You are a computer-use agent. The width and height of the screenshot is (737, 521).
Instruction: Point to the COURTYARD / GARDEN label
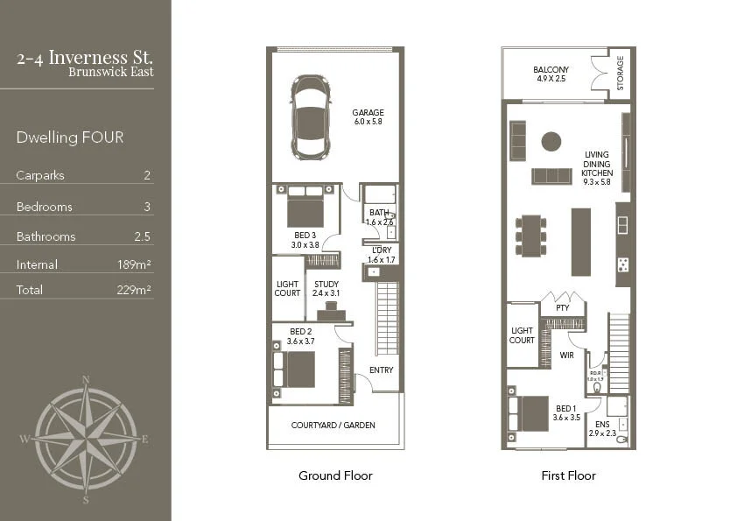click(333, 425)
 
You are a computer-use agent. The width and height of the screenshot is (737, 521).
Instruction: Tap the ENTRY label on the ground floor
click(381, 370)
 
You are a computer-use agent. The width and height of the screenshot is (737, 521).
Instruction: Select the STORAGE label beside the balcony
click(620, 73)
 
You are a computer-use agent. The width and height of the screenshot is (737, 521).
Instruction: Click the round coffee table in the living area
click(551, 140)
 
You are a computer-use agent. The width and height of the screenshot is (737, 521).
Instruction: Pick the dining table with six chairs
click(530, 236)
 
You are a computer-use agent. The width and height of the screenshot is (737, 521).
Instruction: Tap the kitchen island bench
click(580, 242)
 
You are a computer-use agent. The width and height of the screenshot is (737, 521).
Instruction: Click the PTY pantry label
click(562, 307)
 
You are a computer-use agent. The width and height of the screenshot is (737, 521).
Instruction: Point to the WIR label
click(566, 356)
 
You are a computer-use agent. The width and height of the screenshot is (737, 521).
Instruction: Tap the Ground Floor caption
click(335, 475)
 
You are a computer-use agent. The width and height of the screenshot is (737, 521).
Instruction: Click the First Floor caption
click(568, 475)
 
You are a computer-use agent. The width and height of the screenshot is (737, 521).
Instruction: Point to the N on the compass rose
click(86, 379)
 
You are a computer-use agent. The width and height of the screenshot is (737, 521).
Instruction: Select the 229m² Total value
click(134, 290)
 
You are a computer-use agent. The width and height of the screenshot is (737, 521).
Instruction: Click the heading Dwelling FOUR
click(70, 137)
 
